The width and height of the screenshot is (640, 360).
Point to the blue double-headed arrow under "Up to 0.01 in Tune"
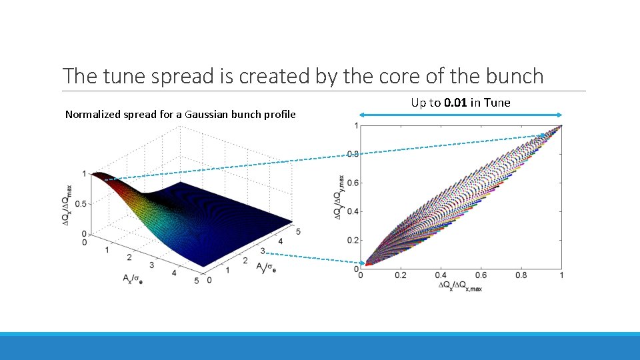point(461,115)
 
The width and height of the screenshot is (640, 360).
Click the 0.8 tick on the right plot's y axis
point(353,155)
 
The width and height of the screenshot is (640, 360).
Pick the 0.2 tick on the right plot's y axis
point(353,241)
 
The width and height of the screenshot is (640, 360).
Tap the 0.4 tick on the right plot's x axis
point(441,275)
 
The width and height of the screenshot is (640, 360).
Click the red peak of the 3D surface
point(100,176)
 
